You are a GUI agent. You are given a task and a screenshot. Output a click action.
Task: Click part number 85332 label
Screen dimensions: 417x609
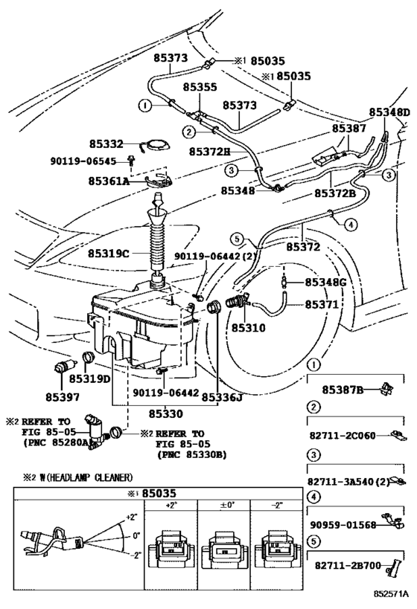tap(106, 144)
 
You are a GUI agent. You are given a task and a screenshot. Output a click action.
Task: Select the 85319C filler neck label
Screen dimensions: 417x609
tap(108, 254)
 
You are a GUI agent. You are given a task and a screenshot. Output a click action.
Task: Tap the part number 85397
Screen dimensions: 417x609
tap(63, 397)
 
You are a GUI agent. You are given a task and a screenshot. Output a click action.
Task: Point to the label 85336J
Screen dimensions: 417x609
tap(222, 397)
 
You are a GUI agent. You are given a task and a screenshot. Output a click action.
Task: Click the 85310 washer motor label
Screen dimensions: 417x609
tap(248, 328)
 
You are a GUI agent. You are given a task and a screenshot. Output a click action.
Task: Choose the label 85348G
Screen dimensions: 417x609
tap(325, 283)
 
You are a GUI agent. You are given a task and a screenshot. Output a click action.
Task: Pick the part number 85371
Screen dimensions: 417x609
tap(322, 305)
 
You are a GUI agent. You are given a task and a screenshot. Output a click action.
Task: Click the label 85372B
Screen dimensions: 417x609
tap(335, 193)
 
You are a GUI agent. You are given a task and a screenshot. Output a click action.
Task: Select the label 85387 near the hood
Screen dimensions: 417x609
tap(349, 129)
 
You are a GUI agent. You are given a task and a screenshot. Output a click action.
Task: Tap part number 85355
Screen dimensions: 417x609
tap(200, 86)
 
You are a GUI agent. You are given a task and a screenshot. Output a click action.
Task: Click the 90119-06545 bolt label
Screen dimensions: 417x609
tap(83, 161)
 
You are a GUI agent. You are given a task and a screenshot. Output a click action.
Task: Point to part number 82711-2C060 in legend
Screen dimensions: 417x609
tap(343, 436)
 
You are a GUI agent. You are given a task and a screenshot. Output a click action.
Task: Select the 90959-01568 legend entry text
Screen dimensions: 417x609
tap(343, 525)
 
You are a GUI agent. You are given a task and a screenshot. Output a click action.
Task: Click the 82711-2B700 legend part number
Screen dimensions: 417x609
tap(348, 566)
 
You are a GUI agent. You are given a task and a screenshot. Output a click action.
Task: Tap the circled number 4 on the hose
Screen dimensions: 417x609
tap(351, 224)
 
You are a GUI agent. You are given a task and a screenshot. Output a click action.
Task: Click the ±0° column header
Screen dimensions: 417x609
tap(223, 505)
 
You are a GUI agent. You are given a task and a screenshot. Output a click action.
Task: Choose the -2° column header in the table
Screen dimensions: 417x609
tap(276, 505)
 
